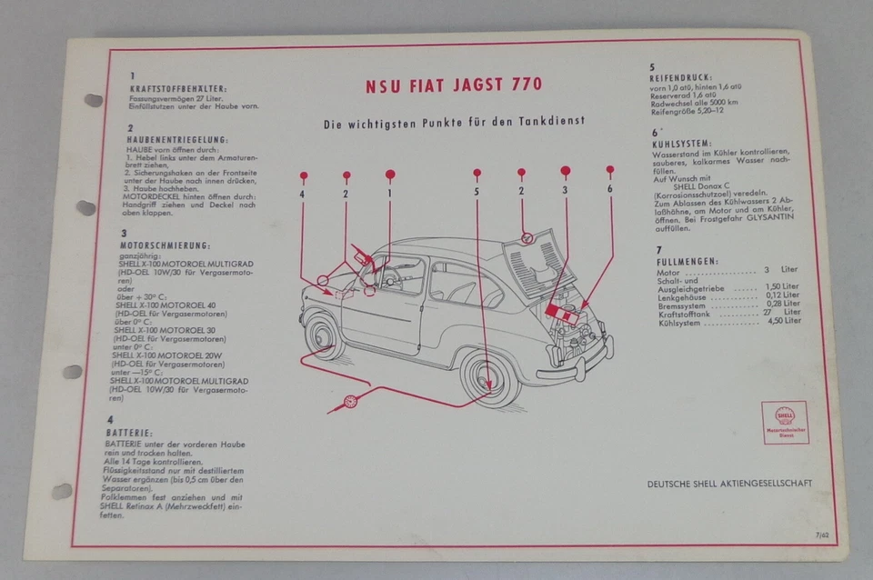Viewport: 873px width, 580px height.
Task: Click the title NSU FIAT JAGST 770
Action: tap(454, 85)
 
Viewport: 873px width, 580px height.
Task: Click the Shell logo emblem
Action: tap(785, 416)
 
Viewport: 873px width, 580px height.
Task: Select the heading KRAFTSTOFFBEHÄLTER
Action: tap(178, 88)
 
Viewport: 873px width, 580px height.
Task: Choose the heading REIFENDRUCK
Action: tap(681, 78)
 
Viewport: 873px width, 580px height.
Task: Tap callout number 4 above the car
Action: tap(302, 193)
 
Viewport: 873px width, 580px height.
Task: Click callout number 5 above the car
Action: tap(477, 193)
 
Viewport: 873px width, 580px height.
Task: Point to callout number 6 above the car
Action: tap(609, 188)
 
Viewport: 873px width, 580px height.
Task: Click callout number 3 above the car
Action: tap(565, 191)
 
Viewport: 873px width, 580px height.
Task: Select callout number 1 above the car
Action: tap(390, 193)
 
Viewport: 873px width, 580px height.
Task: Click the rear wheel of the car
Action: tap(489, 376)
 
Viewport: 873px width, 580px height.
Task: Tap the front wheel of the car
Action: tap(324, 335)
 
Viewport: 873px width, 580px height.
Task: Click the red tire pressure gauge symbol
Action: tap(349, 401)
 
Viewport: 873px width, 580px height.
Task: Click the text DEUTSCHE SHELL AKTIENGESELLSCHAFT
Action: tap(729, 484)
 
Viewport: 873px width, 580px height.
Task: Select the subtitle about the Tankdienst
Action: tap(453, 120)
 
